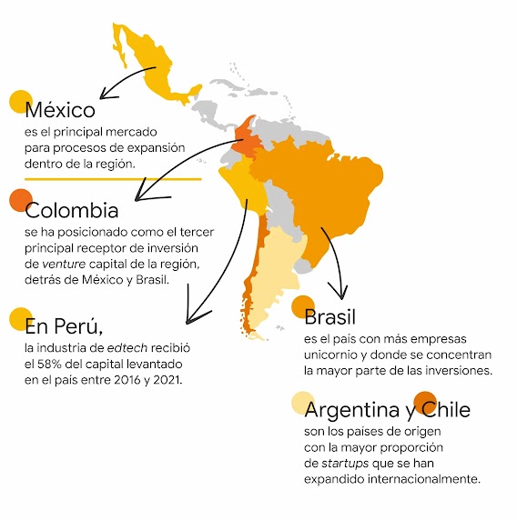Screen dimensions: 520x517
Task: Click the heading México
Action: pos(60,111)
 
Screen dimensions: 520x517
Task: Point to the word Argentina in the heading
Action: pos(360,410)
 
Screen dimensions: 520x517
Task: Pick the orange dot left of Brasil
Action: pos(303,306)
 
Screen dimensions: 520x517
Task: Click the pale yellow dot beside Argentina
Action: pos(302,403)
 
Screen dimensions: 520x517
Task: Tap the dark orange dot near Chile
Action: pos(424,402)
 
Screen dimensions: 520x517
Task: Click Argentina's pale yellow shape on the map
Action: pos(279,273)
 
